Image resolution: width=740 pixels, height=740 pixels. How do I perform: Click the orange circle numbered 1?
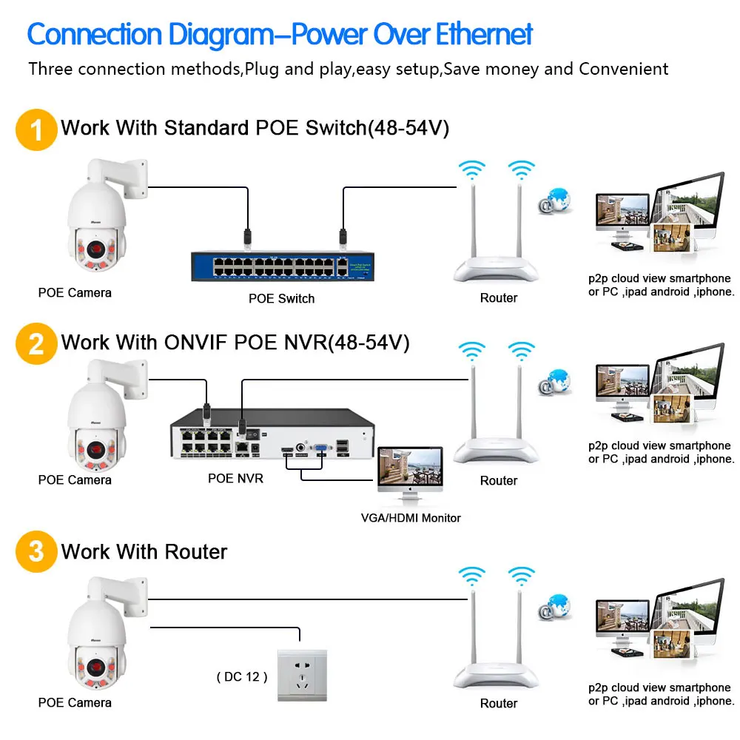tap(36, 129)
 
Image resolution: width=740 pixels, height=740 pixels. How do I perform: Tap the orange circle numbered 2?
tap(36, 343)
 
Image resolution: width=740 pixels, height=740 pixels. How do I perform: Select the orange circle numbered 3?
tap(36, 551)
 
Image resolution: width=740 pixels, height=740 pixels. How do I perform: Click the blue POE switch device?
tap(282, 266)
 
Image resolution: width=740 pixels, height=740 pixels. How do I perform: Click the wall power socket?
tap(302, 676)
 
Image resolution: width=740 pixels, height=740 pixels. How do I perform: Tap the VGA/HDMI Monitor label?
tap(411, 518)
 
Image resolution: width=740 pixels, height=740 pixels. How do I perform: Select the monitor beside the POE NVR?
tap(410, 474)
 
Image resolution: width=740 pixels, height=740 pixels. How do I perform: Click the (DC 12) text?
tap(242, 677)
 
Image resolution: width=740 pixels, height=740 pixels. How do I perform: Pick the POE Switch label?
tap(281, 298)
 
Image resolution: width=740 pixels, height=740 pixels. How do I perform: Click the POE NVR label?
tap(235, 478)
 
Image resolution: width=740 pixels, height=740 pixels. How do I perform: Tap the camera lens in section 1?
tap(96, 248)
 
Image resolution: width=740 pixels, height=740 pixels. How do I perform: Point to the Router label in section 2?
tap(498, 480)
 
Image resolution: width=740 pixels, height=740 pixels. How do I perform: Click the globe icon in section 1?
tap(555, 201)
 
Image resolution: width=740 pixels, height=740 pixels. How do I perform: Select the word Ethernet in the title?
tap(484, 34)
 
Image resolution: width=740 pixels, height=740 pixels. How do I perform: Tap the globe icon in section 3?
tap(555, 607)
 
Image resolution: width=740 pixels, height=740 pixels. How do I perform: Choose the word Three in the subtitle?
tap(51, 69)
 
